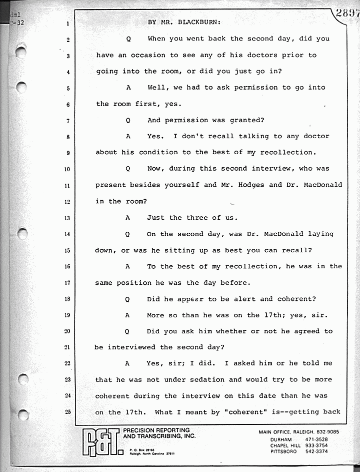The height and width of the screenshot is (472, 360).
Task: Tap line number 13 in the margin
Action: click(67, 218)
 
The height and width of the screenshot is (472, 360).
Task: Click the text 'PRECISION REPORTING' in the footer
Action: click(156, 430)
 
